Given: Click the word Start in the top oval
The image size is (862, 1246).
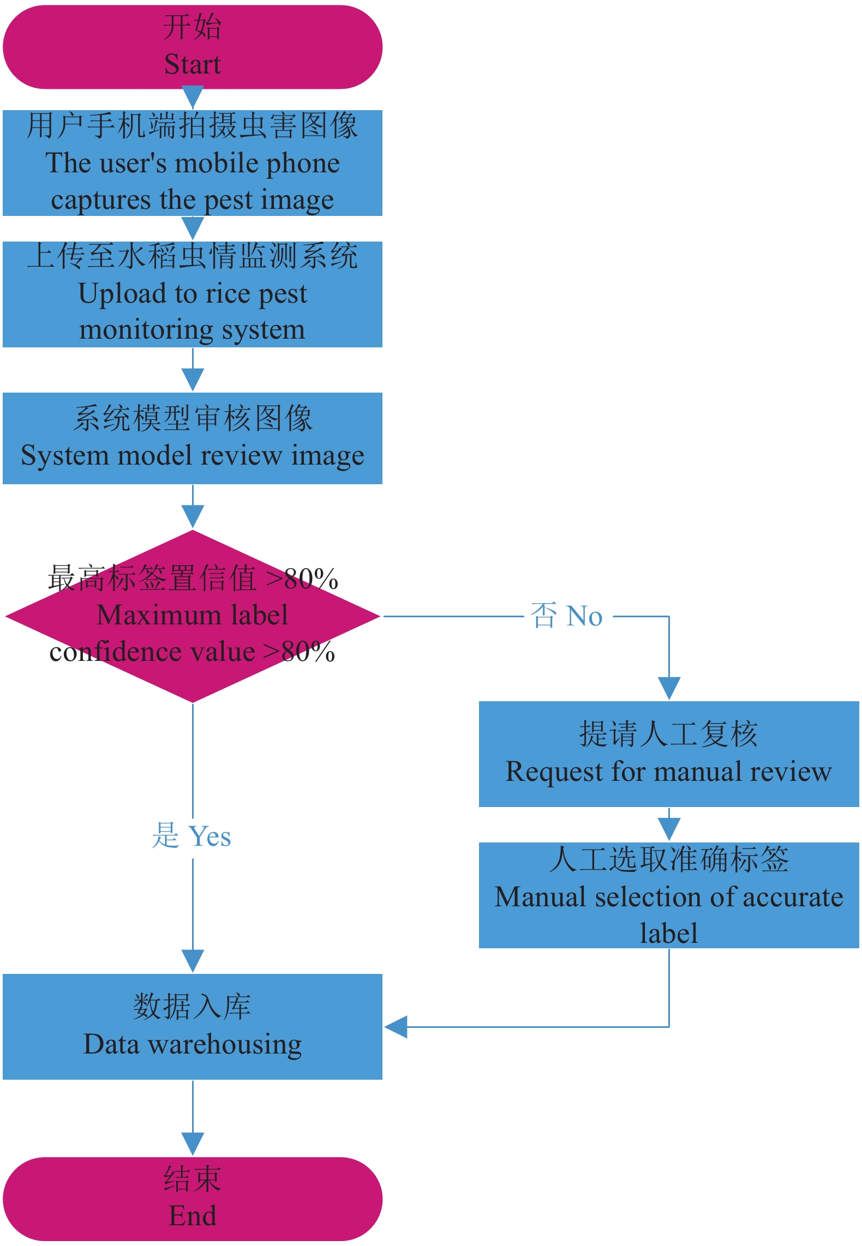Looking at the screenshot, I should click(x=193, y=64).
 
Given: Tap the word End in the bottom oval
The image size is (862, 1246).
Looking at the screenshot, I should click(x=193, y=1215).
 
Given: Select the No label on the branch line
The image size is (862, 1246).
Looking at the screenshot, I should click(x=584, y=617).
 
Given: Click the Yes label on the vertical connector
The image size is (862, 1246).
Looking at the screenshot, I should click(x=210, y=836).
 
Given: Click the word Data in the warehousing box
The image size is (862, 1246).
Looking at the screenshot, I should click(x=111, y=1044).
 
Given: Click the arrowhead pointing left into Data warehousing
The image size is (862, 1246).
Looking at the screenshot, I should click(x=396, y=1027).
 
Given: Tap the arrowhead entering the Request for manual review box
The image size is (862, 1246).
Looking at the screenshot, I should click(x=669, y=688).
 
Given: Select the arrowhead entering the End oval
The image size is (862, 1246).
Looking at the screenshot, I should click(x=193, y=1143).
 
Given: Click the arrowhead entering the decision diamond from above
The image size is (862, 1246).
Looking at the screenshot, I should click(x=193, y=516).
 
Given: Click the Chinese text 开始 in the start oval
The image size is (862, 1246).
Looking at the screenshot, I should click(x=193, y=27).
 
